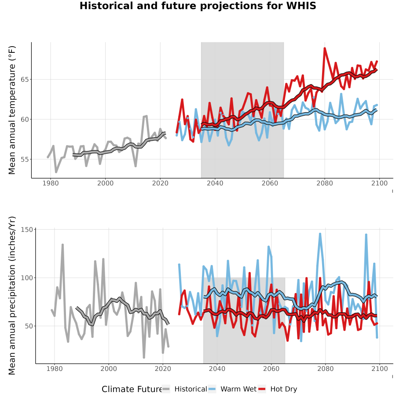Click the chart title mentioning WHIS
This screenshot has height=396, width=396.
click(x=198, y=6)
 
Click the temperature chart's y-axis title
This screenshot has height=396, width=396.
click(x=12, y=110)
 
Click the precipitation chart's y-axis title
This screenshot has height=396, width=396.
click(x=12, y=296)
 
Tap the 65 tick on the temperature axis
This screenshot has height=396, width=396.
click(x=24, y=79)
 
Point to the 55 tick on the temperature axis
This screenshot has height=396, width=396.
click(x=24, y=159)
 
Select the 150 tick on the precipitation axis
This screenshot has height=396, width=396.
click(x=26, y=230)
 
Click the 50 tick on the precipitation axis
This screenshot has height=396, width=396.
click(x=29, y=326)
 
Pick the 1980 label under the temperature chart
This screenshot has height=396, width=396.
click(x=51, y=183)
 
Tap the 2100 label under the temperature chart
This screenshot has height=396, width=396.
click(x=379, y=183)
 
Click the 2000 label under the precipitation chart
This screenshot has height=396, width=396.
click(x=109, y=369)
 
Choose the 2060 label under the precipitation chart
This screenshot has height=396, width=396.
click(x=271, y=369)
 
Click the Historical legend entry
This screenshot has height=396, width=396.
click(x=184, y=389)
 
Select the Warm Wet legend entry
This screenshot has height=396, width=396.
click(x=232, y=389)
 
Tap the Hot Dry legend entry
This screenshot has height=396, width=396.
click(x=278, y=389)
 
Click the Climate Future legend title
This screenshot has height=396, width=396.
click(x=132, y=389)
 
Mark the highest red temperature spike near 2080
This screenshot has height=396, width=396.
click(x=325, y=48)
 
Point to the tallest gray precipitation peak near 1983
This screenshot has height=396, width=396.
click(x=62, y=245)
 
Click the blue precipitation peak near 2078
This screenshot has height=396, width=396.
click(x=320, y=234)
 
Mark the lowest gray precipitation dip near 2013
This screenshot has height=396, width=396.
click(x=144, y=357)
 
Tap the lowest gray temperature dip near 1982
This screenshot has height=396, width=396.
click(x=56, y=172)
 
